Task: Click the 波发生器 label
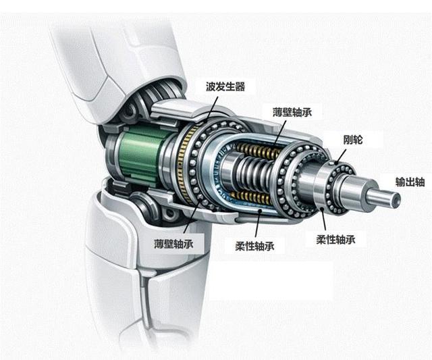pyautogui.click(x=225, y=87)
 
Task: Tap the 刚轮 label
pyautogui.click(x=352, y=140)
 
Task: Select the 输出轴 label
pyautogui.click(x=410, y=182)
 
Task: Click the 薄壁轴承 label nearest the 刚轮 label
pyautogui.click(x=292, y=112)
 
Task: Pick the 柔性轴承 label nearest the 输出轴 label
pyautogui.click(x=335, y=239)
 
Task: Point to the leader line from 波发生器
pyautogui.click(x=211, y=108)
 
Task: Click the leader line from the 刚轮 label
pyautogui.click(x=342, y=156)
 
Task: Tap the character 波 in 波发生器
pyautogui.click(x=211, y=87)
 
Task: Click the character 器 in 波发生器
pyautogui.click(x=240, y=87)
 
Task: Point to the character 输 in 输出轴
pyautogui.click(x=400, y=182)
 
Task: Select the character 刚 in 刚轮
pyautogui.click(x=348, y=140)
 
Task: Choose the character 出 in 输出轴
pyautogui.click(x=410, y=182)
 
